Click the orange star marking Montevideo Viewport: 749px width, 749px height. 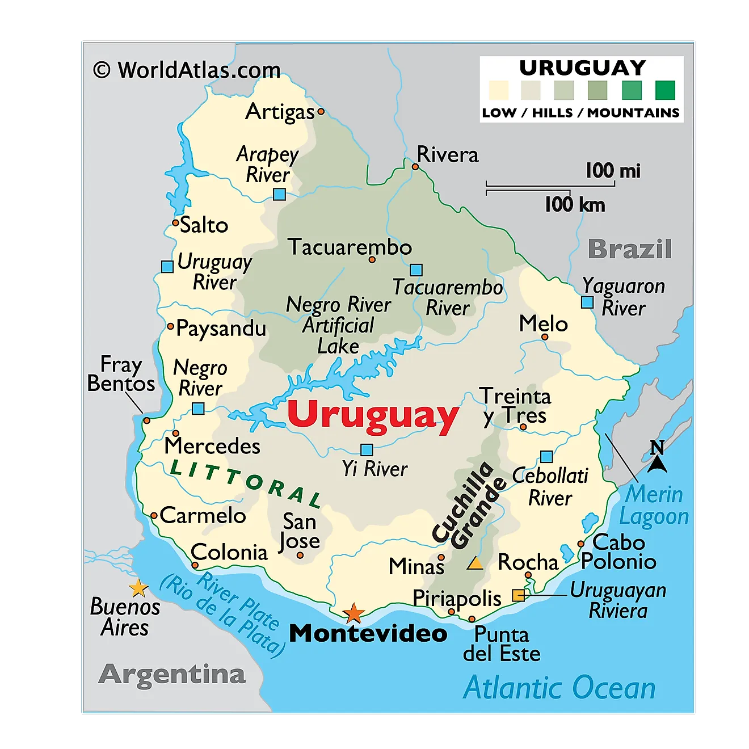(x=354, y=613)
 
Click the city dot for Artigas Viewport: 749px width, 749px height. (x=321, y=112)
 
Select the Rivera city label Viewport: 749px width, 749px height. (x=447, y=155)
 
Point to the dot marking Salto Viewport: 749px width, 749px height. (x=175, y=222)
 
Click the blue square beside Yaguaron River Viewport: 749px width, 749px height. (x=587, y=302)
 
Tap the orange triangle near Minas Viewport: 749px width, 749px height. (x=475, y=563)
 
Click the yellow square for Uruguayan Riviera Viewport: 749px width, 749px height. (x=518, y=595)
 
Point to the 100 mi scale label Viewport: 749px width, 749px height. (x=613, y=171)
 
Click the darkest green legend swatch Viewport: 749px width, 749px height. (x=665, y=90)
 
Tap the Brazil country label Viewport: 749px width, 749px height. (x=630, y=249)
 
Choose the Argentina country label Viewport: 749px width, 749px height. (x=172, y=674)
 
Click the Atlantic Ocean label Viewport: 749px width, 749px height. (x=559, y=688)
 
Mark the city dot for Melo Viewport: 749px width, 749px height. (x=545, y=337)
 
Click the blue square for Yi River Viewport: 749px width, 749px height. (x=367, y=450)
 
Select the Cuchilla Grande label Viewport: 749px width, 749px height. (x=469, y=505)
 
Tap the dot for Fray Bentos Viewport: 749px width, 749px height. (x=146, y=420)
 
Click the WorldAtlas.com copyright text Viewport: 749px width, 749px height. (x=187, y=70)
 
